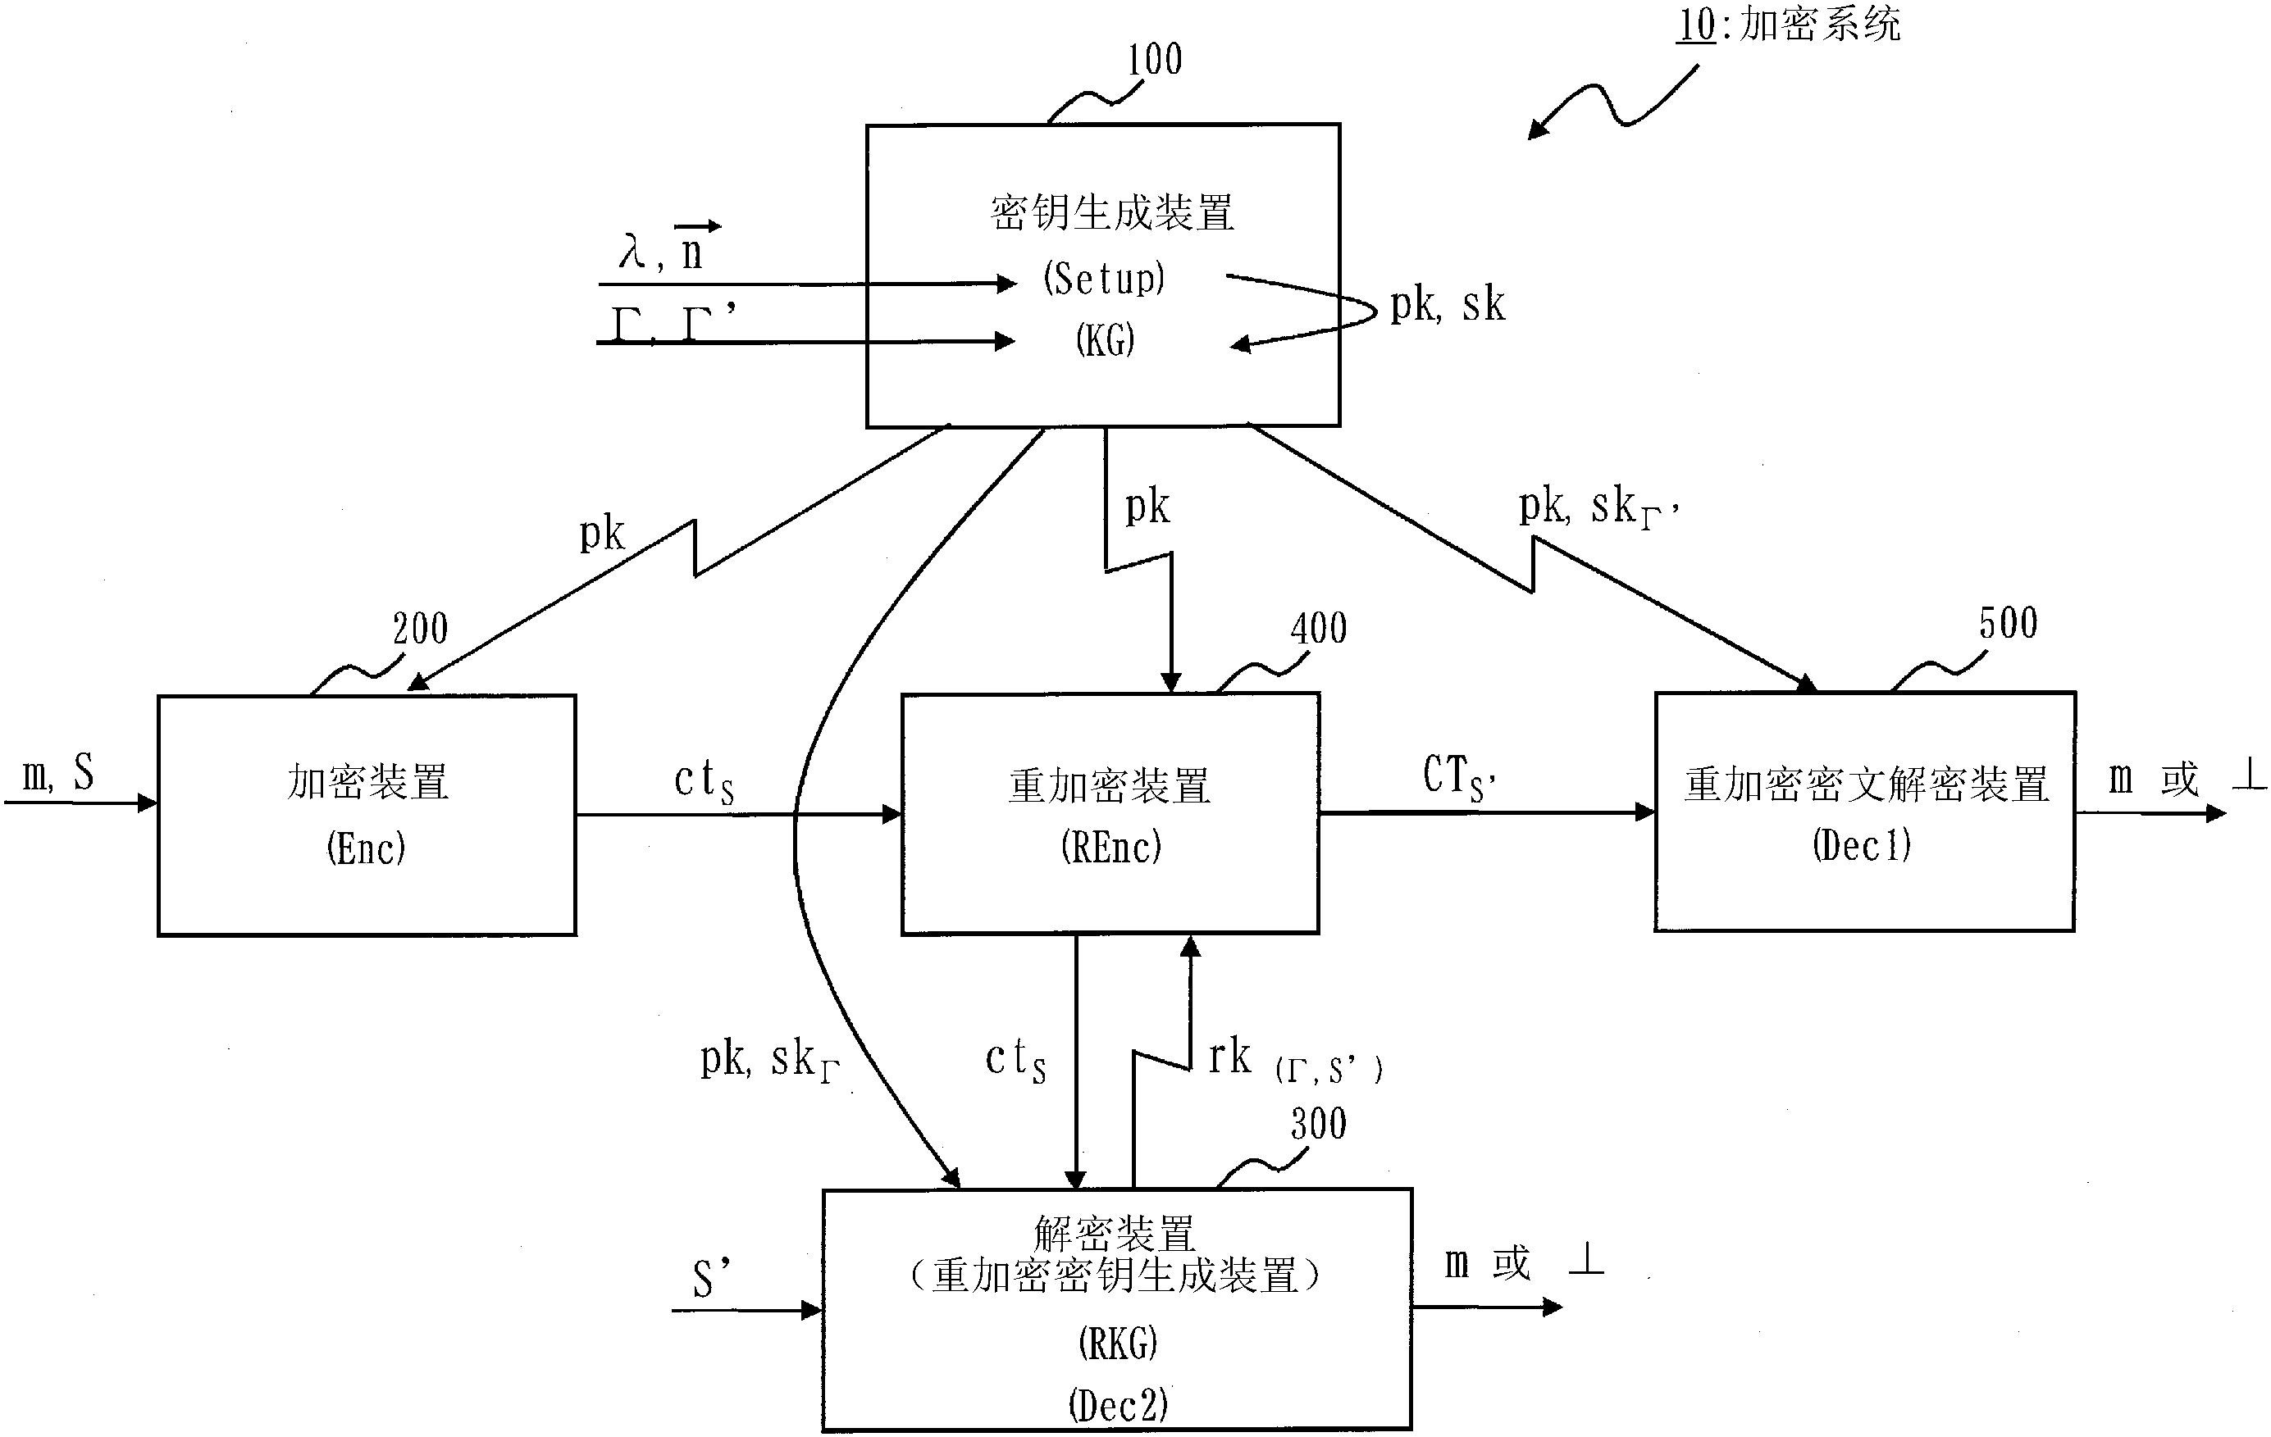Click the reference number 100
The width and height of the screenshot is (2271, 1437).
coord(1154,61)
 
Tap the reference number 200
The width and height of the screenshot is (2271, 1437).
coord(420,629)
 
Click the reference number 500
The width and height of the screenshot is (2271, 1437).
coord(2007,624)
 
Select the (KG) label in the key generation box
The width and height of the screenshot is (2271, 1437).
coord(1105,340)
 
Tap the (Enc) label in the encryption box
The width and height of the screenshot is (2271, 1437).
coord(366,848)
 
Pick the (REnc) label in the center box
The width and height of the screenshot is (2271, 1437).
coord(1110,847)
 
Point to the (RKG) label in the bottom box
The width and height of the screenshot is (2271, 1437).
coord(1117,1344)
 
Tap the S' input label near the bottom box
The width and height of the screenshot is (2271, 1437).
coord(711,1279)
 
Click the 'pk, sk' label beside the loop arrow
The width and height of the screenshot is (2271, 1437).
coord(1447,306)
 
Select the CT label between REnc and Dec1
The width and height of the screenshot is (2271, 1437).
coord(1458,779)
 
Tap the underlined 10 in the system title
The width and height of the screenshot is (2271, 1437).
coord(1694,25)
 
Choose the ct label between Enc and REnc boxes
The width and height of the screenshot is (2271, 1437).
coord(704,783)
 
